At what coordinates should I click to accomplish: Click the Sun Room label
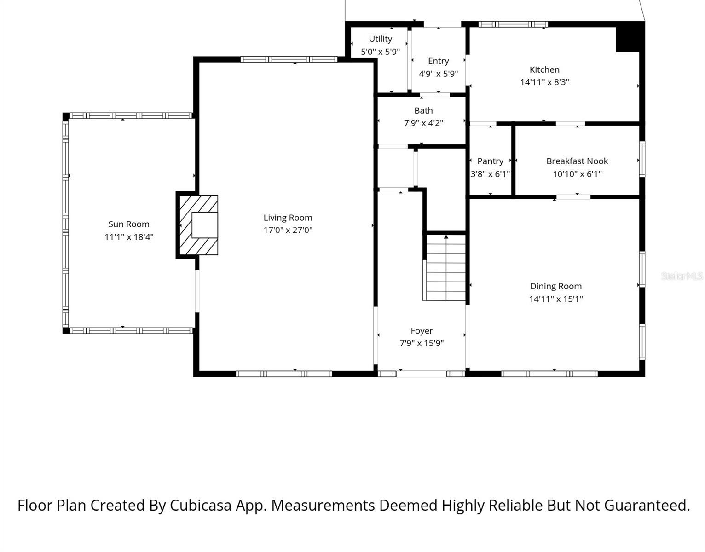(129, 224)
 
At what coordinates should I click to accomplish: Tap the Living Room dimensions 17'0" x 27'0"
(288, 230)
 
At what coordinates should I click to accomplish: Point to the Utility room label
(381, 39)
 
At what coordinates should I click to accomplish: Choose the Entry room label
(438, 61)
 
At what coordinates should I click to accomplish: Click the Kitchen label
(544, 69)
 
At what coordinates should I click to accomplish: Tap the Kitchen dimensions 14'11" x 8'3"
(544, 82)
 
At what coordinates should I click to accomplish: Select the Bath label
(423, 110)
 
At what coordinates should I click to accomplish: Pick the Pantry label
(490, 161)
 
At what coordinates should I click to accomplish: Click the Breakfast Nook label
(577, 161)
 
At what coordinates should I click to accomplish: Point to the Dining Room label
(556, 286)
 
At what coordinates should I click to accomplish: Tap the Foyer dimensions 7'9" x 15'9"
(422, 343)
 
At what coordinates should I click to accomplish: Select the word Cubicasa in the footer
(201, 505)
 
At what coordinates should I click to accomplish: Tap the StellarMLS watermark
(682, 276)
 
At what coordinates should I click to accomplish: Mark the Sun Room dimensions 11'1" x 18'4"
(129, 237)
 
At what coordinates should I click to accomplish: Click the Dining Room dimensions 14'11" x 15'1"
(556, 299)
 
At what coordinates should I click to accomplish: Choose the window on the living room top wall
(289, 59)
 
